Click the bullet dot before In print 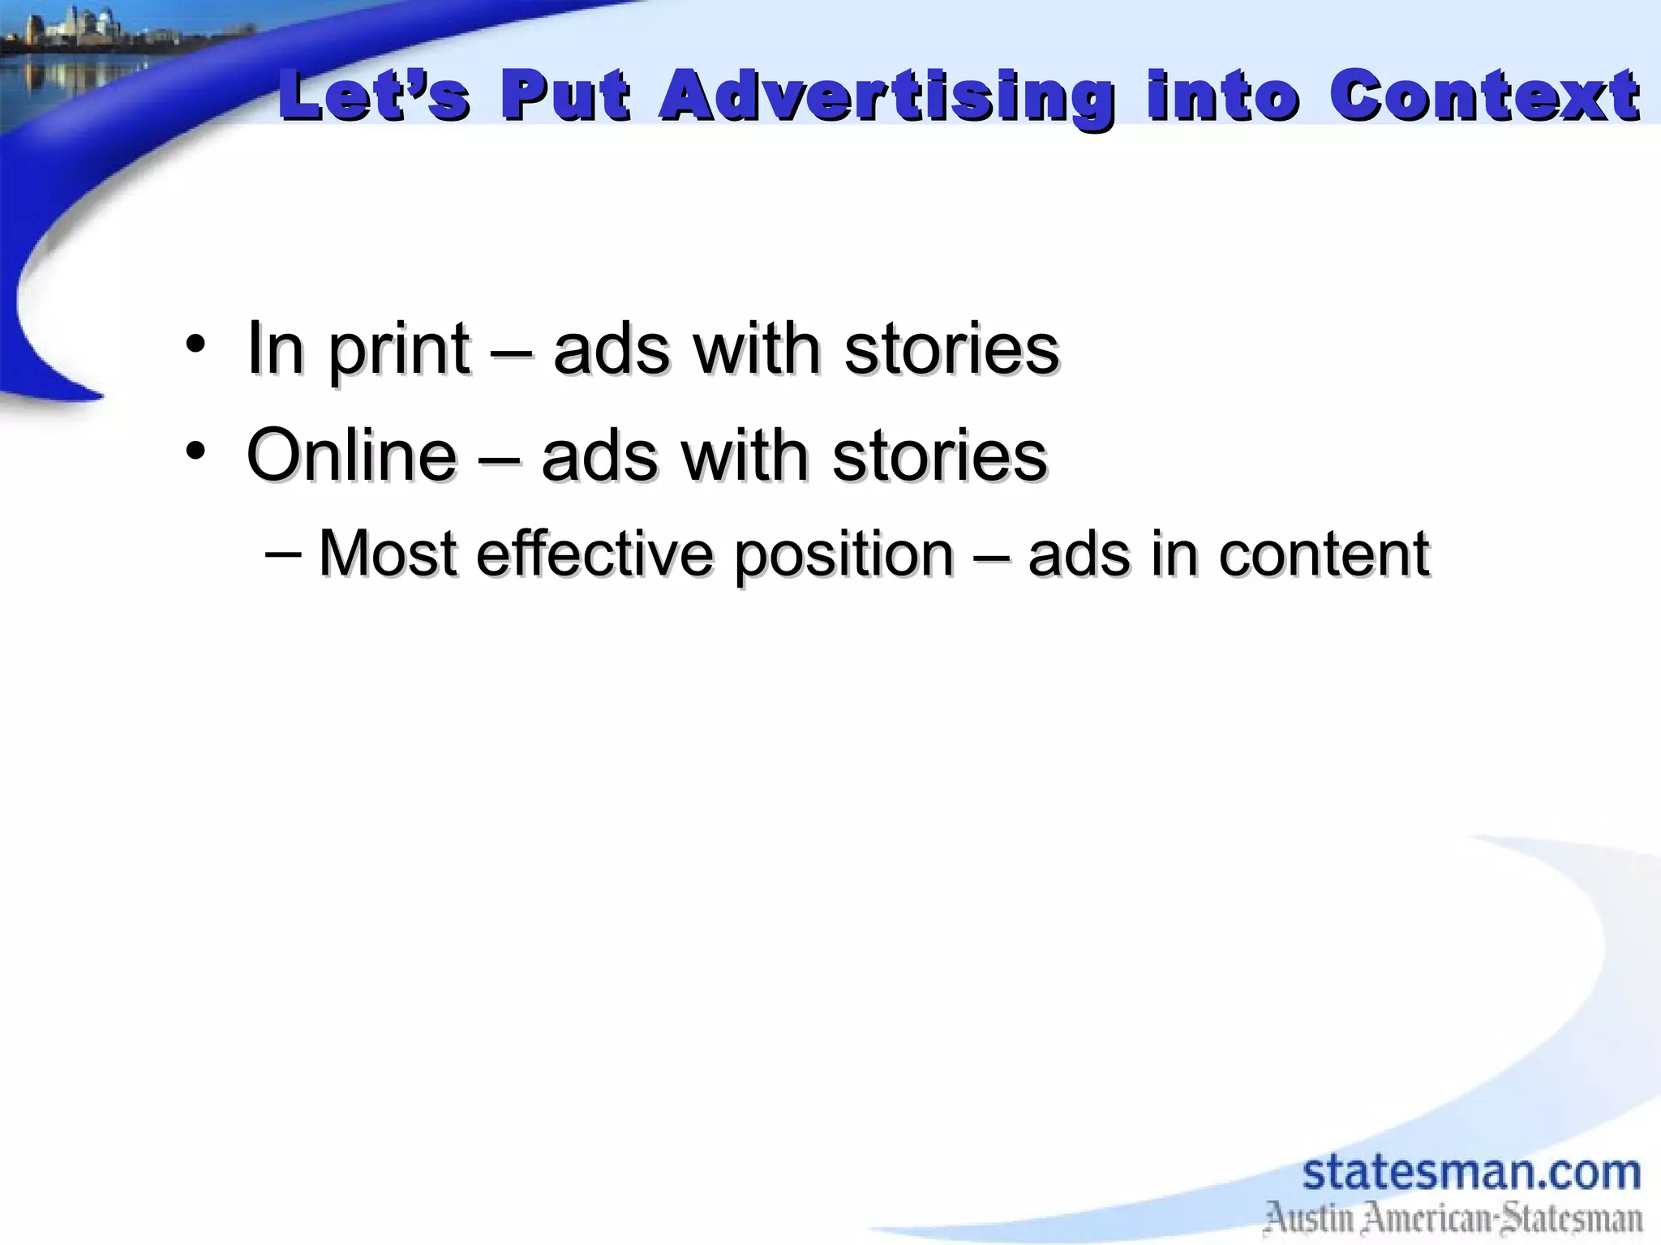click(x=195, y=344)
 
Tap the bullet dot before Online click(x=195, y=451)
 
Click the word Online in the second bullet click(x=351, y=456)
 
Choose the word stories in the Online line click(x=940, y=456)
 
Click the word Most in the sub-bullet click(x=388, y=554)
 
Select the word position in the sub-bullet click(x=843, y=556)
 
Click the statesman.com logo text click(x=1471, y=1173)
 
